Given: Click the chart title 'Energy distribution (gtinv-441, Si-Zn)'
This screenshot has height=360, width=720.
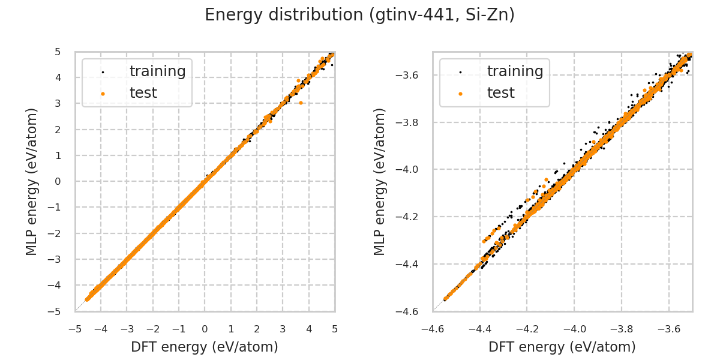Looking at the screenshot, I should (360, 15).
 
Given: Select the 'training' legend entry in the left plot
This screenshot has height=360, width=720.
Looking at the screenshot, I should (157, 71).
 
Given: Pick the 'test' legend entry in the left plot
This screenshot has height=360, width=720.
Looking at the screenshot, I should (143, 93).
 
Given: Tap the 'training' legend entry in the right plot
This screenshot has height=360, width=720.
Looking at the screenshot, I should (515, 71).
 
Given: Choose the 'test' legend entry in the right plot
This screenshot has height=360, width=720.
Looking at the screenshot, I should (501, 93).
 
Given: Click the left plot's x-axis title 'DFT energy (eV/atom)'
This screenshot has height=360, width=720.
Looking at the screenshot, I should (205, 347).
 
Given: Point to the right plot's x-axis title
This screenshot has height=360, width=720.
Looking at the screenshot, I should (562, 347).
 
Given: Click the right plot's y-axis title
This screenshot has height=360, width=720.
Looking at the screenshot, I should (380, 181).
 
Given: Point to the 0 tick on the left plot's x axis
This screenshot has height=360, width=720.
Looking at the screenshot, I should (205, 329).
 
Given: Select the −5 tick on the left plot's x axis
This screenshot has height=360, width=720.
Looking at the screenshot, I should (75, 329).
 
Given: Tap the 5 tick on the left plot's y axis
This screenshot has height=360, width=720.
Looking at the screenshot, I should (58, 52).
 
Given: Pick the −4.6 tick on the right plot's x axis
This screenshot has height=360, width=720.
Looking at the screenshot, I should (433, 329).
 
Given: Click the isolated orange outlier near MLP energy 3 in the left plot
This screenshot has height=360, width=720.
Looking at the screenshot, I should (301, 103).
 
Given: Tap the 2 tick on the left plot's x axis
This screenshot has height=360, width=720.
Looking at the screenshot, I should (257, 329).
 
